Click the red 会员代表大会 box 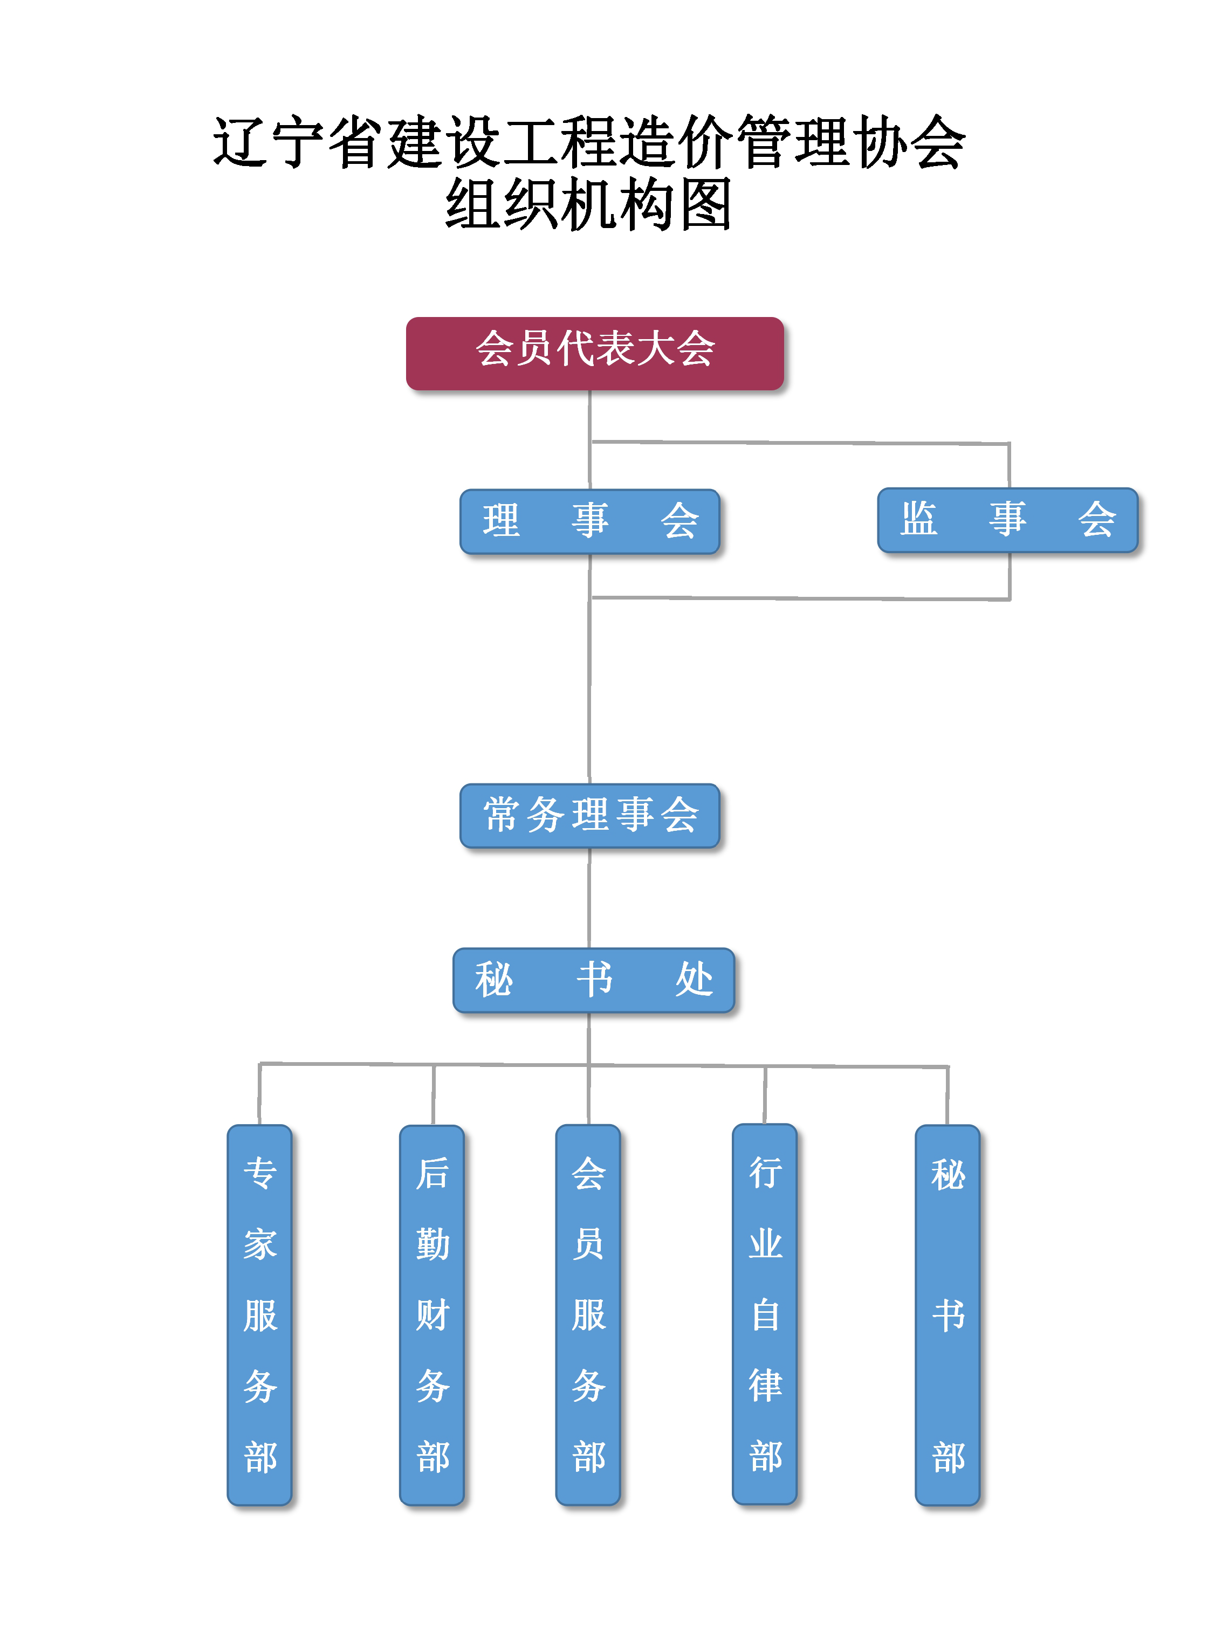coord(594,353)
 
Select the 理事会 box coord(589,521)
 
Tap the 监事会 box coord(1007,519)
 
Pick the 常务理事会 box coord(589,815)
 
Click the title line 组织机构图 coord(588,204)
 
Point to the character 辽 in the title coord(239,141)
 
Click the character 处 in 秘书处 coord(694,980)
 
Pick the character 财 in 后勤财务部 coord(432,1315)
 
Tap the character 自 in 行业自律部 coord(765,1315)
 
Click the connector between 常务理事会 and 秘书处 coord(589,898)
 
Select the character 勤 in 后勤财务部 coord(432,1244)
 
